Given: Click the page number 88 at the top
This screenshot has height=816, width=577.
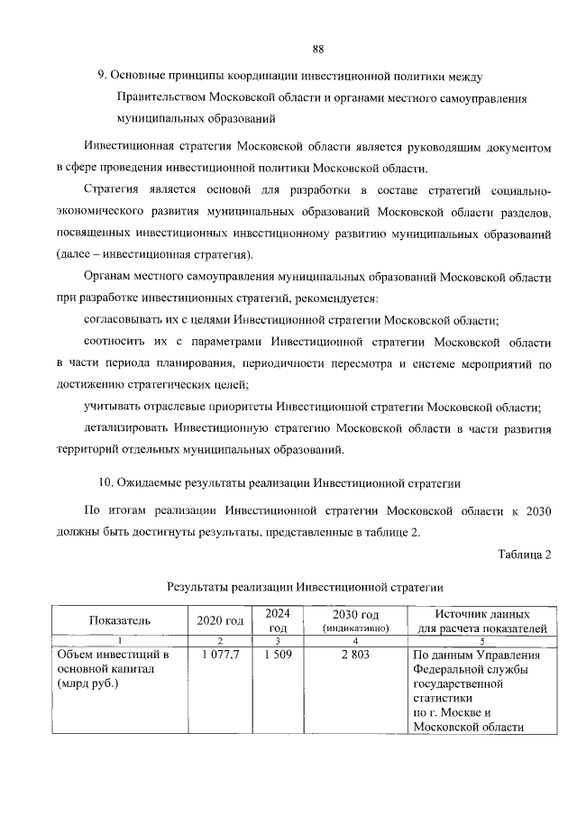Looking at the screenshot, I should click(317, 49).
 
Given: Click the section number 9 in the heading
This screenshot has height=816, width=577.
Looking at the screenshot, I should click(102, 74).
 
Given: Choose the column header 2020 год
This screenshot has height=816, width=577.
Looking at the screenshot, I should click(220, 620).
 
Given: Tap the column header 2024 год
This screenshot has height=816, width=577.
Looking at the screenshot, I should click(277, 620).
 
